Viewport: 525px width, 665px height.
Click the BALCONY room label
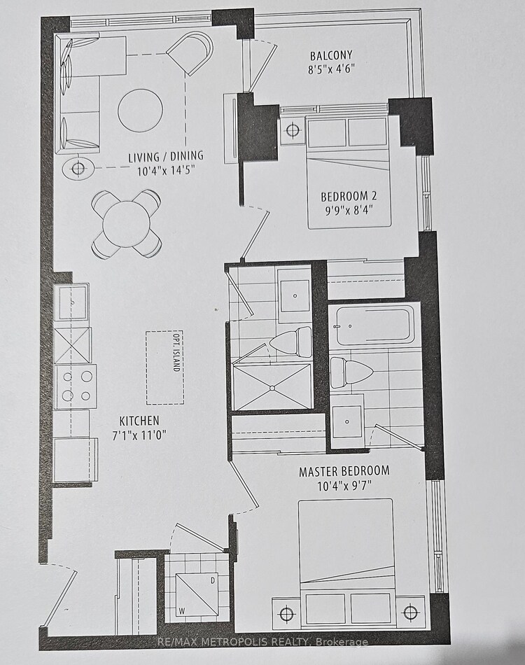click(331, 55)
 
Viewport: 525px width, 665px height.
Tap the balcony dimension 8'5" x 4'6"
click(331, 69)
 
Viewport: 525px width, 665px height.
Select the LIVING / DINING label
click(166, 157)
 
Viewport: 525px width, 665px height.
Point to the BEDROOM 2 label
click(349, 197)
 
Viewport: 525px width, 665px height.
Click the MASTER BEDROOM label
click(344, 471)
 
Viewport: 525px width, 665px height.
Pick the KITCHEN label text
click(139, 421)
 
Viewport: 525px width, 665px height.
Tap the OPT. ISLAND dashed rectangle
click(165, 367)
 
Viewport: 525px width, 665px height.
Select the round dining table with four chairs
click(127, 223)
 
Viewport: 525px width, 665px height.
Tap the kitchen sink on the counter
click(73, 302)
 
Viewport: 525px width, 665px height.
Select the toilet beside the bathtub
click(351, 372)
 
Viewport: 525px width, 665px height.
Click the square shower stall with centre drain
click(272, 387)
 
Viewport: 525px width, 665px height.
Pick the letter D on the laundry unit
click(213, 580)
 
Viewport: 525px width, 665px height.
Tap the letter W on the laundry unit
click(181, 610)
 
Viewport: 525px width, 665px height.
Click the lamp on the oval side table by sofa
click(78, 169)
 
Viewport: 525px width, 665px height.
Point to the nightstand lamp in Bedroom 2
click(293, 129)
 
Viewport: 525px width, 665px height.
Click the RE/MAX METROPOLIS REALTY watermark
click(262, 642)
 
